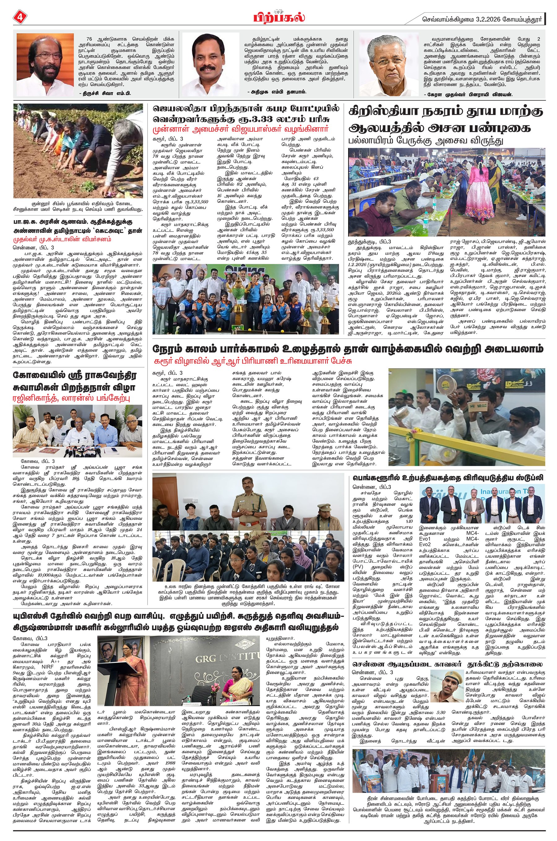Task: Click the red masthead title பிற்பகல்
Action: point(279,17)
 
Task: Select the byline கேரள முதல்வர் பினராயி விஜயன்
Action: point(468,94)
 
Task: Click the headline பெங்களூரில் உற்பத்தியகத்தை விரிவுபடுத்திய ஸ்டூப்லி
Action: point(448,478)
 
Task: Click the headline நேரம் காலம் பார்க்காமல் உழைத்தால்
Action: point(348,349)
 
